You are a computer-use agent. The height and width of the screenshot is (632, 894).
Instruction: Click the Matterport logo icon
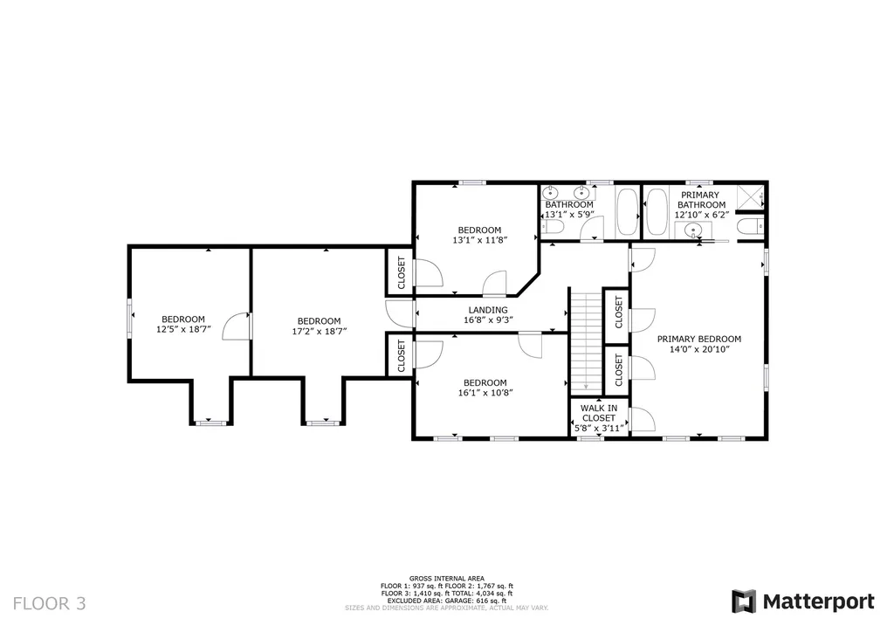(744, 601)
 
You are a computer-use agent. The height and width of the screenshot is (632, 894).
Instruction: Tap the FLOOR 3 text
(50, 602)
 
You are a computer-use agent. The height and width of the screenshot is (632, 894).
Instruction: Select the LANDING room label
(488, 310)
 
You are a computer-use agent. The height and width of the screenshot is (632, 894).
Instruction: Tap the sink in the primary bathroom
(693, 230)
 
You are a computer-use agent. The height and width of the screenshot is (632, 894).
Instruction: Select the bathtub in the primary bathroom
(657, 212)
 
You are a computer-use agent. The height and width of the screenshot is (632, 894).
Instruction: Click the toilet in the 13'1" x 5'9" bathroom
(552, 227)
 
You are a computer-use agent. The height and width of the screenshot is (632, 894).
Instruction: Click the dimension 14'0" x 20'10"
(698, 349)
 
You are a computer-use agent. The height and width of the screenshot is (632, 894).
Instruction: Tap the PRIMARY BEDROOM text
(698, 339)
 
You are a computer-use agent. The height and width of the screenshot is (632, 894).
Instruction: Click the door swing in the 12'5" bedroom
(237, 327)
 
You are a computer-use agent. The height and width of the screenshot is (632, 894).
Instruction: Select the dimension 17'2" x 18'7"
(319, 331)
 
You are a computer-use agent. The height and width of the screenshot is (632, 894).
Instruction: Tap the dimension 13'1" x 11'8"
(479, 240)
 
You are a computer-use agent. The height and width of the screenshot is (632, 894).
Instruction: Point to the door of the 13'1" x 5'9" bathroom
(592, 229)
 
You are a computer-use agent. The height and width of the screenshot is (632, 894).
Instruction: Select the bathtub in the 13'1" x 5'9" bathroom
(625, 212)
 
